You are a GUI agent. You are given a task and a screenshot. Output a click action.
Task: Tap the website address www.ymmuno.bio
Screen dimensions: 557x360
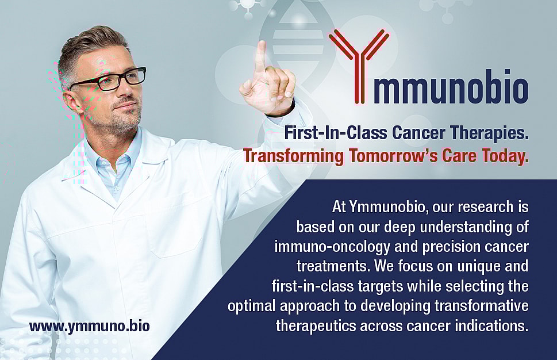(x=90, y=326)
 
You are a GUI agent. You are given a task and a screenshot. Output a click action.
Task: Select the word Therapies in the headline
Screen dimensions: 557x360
(x=487, y=133)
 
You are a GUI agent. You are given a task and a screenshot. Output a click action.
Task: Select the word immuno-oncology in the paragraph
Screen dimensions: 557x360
(x=332, y=247)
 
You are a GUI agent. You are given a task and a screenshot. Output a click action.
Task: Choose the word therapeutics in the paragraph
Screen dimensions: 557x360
(x=316, y=326)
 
